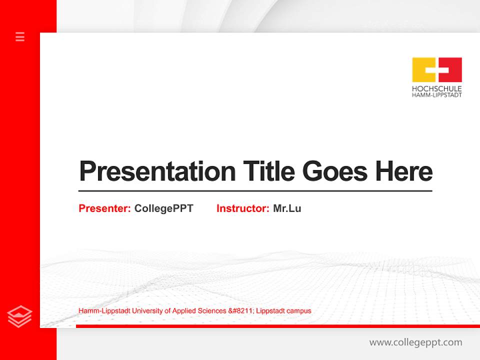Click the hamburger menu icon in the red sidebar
click(20, 36)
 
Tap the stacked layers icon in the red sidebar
click(20, 316)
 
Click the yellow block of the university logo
click(423, 69)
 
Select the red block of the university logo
click(450, 69)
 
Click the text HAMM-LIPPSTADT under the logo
click(436, 95)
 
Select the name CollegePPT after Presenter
click(163, 208)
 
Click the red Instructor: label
click(242, 208)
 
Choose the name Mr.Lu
click(287, 208)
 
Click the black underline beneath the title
click(255, 190)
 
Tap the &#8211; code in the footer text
click(242, 311)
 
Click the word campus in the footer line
click(299, 311)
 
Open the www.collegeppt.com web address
click(415, 342)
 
